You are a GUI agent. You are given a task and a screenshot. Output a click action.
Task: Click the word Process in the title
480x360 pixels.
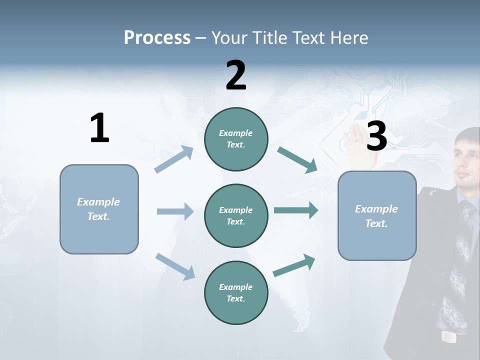click(157, 38)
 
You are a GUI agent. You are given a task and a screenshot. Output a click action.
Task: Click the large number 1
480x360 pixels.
click(99, 128)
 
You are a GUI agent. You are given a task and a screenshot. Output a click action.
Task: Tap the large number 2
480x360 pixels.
click(236, 75)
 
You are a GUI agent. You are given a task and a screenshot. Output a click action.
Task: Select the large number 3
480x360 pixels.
click(376, 136)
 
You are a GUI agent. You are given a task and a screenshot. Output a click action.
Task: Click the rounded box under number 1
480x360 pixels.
click(99, 209)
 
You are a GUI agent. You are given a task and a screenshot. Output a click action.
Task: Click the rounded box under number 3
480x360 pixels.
click(377, 215)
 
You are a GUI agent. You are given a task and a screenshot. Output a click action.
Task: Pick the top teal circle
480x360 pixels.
click(236, 139)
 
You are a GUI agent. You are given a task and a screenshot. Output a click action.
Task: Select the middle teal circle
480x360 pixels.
click(236, 215)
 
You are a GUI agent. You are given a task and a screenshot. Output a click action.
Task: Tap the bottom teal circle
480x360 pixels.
click(236, 292)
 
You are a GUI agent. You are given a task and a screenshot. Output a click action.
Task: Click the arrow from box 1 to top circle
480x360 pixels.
click(174, 159)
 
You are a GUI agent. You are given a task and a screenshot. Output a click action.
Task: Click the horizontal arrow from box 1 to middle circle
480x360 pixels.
click(175, 211)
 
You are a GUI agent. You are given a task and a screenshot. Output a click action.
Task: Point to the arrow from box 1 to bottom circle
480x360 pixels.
click(175, 266)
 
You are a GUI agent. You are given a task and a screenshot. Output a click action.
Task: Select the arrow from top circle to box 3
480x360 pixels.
click(297, 160)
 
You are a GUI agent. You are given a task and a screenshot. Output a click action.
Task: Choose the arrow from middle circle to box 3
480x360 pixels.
click(296, 210)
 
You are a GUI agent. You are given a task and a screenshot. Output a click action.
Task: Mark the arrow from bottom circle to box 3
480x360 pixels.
click(294, 265)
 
